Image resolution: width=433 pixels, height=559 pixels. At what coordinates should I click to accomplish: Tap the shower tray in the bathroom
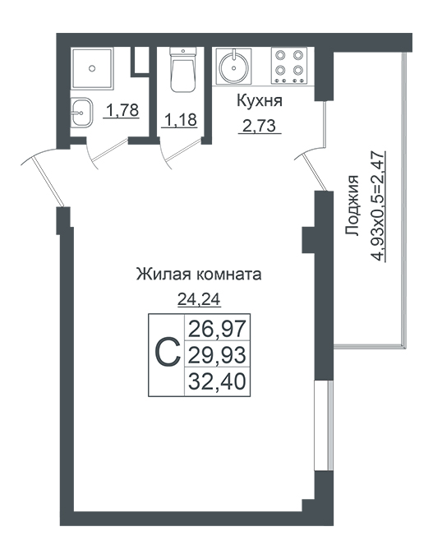[x=93, y=68]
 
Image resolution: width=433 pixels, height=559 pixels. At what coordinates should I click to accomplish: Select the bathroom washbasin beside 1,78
[x=81, y=113]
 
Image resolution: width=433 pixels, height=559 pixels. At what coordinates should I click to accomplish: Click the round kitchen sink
[x=233, y=67]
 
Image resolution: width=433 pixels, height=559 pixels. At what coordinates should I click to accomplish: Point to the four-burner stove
[x=289, y=66]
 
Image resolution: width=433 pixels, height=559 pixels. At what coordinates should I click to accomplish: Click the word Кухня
[x=260, y=101]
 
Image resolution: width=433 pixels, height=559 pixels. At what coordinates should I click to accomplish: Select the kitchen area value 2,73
[x=260, y=127]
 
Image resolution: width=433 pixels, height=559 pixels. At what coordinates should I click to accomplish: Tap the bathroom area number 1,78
[x=122, y=110]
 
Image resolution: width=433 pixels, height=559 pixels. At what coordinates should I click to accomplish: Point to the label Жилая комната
[x=199, y=275]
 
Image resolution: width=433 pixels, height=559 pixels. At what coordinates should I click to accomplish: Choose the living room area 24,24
[x=199, y=300]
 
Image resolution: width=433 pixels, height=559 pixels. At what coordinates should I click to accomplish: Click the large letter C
[x=168, y=353]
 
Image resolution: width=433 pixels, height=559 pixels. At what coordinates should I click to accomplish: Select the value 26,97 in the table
[x=217, y=329]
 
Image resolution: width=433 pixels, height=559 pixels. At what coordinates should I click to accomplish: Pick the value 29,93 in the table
[x=217, y=355]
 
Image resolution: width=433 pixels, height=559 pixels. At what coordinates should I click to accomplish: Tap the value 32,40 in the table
[x=217, y=381]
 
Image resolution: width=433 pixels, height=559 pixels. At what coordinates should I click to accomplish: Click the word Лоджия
[x=352, y=205]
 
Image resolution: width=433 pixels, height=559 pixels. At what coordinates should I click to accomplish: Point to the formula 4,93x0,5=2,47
[x=377, y=206]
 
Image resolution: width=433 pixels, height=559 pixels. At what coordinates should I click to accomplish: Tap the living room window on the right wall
[x=324, y=426]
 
